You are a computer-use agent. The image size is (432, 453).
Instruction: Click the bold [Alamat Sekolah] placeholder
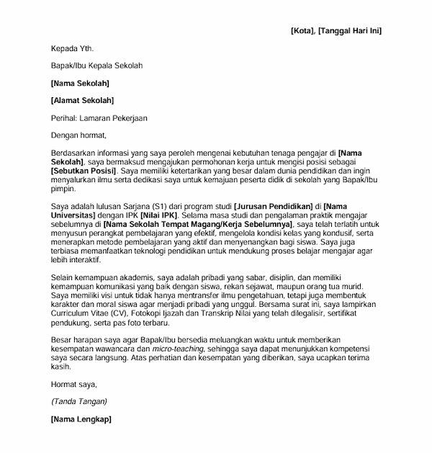[x=83, y=100]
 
